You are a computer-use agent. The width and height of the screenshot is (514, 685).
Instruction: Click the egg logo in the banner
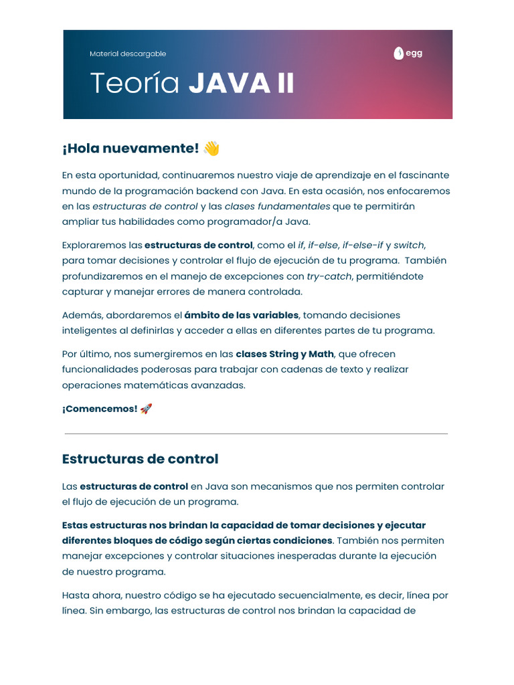click(x=408, y=54)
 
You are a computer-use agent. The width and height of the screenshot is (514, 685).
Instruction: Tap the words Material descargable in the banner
click(x=128, y=54)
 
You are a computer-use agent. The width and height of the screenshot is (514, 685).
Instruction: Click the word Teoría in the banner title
click(x=135, y=84)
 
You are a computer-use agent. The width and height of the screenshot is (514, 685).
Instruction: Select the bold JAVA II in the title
click(x=241, y=84)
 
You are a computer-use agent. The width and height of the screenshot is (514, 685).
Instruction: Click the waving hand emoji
click(x=211, y=149)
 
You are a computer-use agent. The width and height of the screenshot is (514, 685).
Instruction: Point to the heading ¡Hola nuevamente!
click(x=131, y=149)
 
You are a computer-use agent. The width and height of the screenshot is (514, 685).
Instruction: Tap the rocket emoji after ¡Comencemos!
click(x=147, y=409)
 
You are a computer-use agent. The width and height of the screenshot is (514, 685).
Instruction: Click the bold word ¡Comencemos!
click(x=100, y=409)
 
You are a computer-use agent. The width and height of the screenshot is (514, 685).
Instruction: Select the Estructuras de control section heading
click(x=140, y=459)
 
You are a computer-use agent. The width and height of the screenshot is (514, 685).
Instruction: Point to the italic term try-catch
click(x=329, y=276)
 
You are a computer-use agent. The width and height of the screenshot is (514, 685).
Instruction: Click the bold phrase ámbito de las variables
click(x=242, y=315)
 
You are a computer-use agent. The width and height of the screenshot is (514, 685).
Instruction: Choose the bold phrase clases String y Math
click(x=294, y=354)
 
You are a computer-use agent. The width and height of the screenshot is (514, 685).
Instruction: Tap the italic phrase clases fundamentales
click(x=277, y=206)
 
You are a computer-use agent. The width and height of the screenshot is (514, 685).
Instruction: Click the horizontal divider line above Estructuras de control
click(x=256, y=433)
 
